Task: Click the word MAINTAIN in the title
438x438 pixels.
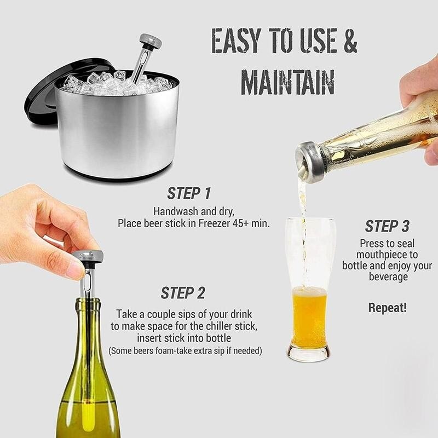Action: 288,83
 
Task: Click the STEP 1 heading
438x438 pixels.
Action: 189,193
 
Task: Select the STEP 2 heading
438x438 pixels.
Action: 183,293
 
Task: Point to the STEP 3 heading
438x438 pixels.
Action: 387,226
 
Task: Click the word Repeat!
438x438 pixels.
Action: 387,307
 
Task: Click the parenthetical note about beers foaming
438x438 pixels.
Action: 185,350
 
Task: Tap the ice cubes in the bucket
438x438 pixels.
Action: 109,82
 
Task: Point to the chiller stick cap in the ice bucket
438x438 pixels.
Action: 150,40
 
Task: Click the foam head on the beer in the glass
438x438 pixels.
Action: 309,291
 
